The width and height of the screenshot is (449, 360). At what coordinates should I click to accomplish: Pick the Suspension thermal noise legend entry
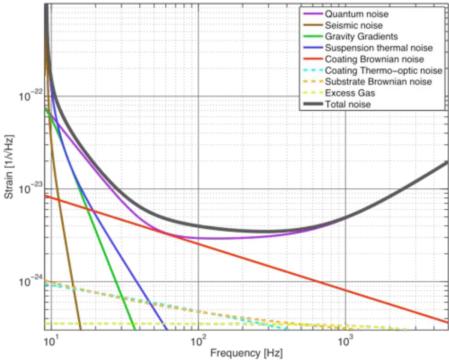click(x=379, y=48)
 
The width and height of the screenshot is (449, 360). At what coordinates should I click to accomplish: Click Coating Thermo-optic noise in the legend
click(x=383, y=71)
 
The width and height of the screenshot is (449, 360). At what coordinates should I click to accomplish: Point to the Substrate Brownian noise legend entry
click(x=378, y=82)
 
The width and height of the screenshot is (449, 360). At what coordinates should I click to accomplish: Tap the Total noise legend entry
click(x=348, y=105)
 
